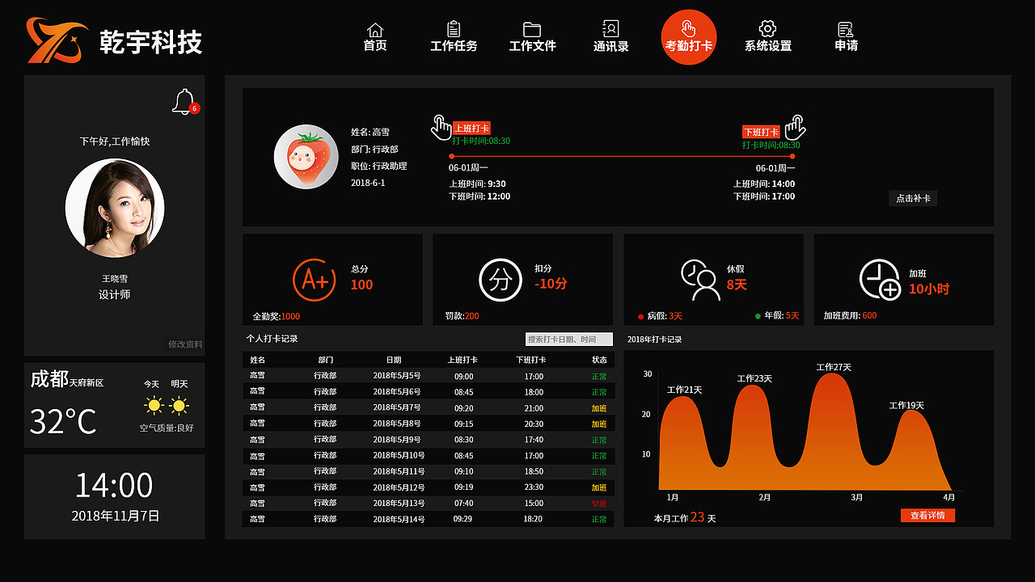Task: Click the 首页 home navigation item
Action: coord(375,37)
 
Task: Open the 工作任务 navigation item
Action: coord(454,37)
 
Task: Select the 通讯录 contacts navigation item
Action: coord(610,37)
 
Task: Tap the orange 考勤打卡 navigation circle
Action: coord(689,37)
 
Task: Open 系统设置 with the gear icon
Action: coord(767,37)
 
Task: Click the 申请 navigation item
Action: coord(846,37)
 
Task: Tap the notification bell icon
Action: coord(184,102)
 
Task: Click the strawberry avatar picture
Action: coord(306,157)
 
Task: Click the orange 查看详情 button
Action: coord(927,515)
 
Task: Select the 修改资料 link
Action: coord(185,344)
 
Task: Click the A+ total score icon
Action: coord(314,280)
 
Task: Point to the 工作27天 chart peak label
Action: coord(834,367)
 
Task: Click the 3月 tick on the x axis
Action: coord(857,497)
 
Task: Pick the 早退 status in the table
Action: coord(598,504)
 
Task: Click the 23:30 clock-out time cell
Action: coord(533,487)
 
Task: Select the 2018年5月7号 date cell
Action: coord(397,407)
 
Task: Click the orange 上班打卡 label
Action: coord(471,128)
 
